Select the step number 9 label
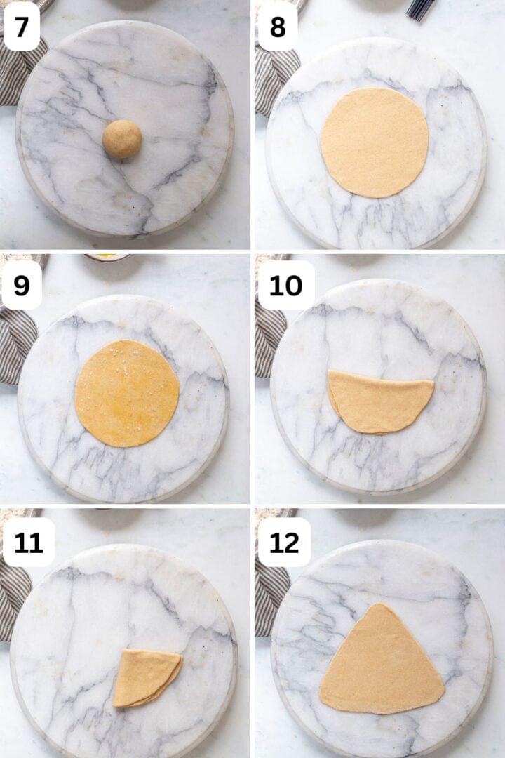22,285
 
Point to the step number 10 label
285,285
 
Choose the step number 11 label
29,543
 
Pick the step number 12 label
285,543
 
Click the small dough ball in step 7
122,138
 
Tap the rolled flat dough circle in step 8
375,142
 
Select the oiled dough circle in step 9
126,393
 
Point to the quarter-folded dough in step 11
146,677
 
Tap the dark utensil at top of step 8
420,8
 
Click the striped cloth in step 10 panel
268,337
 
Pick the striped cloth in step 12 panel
267,597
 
